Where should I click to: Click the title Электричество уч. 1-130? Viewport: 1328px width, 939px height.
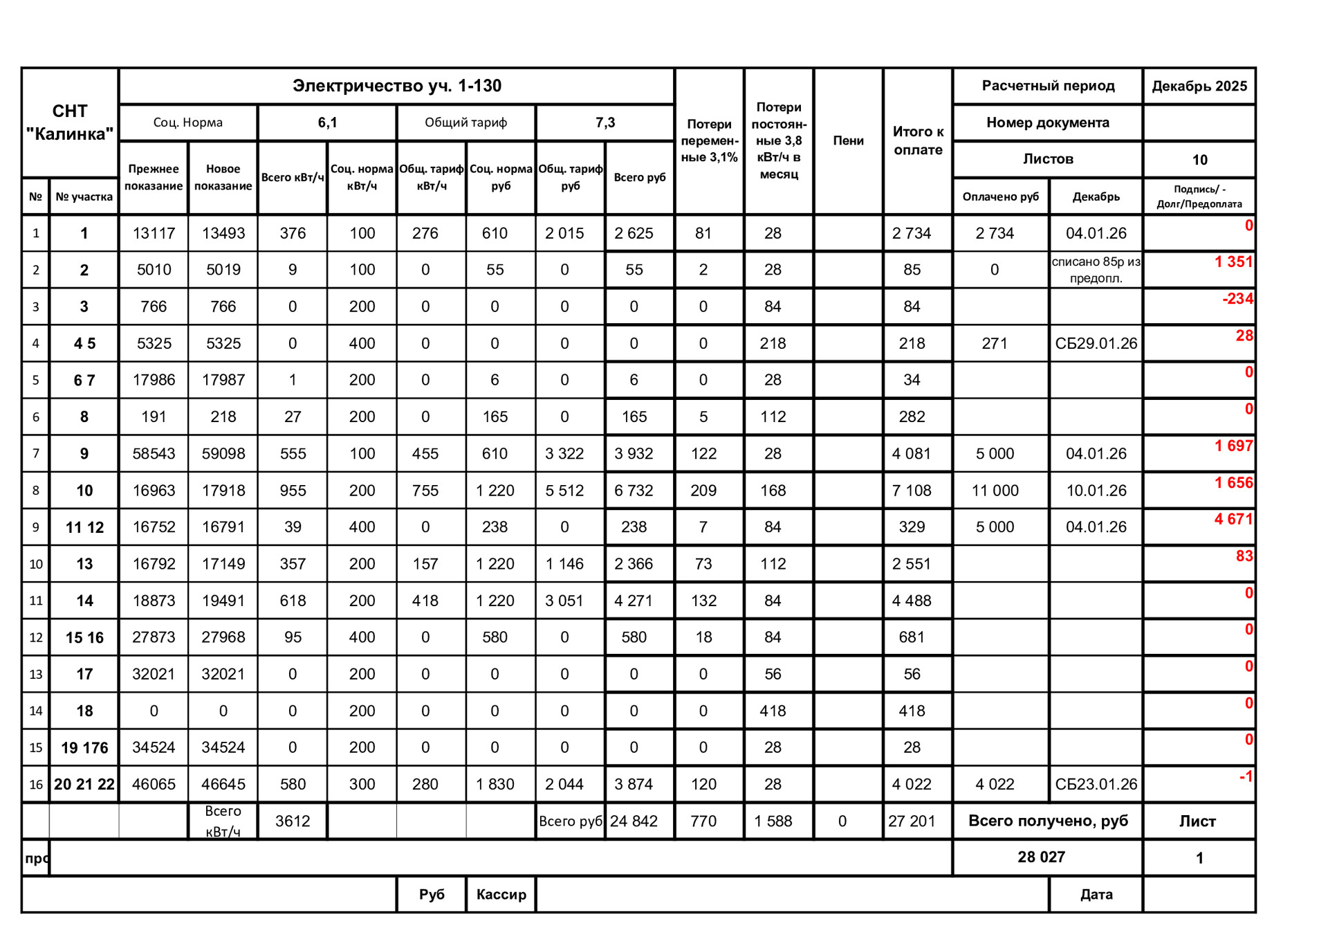click(396, 86)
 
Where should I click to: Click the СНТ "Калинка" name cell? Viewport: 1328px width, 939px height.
click(70, 122)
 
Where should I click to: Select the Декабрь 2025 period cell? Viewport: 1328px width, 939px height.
click(1199, 86)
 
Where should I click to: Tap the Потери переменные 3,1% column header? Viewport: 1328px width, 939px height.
click(709, 140)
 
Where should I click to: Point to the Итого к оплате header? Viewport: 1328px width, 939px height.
click(918, 140)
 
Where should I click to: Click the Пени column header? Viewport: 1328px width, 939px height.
click(848, 140)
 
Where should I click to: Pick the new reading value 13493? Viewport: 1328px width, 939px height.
click(223, 233)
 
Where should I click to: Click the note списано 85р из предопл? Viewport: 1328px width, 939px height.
click(1096, 270)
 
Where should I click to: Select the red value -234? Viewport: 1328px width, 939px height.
click(1237, 299)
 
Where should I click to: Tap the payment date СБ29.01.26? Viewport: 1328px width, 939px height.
click(1096, 343)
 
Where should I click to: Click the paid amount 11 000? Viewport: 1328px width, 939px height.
click(995, 491)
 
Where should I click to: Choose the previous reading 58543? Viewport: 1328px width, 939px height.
click(154, 454)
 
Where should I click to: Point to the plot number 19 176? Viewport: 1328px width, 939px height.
click(84, 747)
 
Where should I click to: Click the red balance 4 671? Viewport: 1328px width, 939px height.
click(1233, 519)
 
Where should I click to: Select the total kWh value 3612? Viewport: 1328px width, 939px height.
click(293, 821)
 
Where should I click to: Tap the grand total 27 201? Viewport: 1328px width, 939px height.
click(912, 821)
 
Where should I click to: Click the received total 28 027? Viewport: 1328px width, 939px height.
click(1041, 857)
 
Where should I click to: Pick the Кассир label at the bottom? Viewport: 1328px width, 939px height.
click(501, 894)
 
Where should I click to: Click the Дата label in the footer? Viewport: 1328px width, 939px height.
click(1096, 894)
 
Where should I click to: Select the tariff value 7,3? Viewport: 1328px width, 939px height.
click(605, 122)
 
